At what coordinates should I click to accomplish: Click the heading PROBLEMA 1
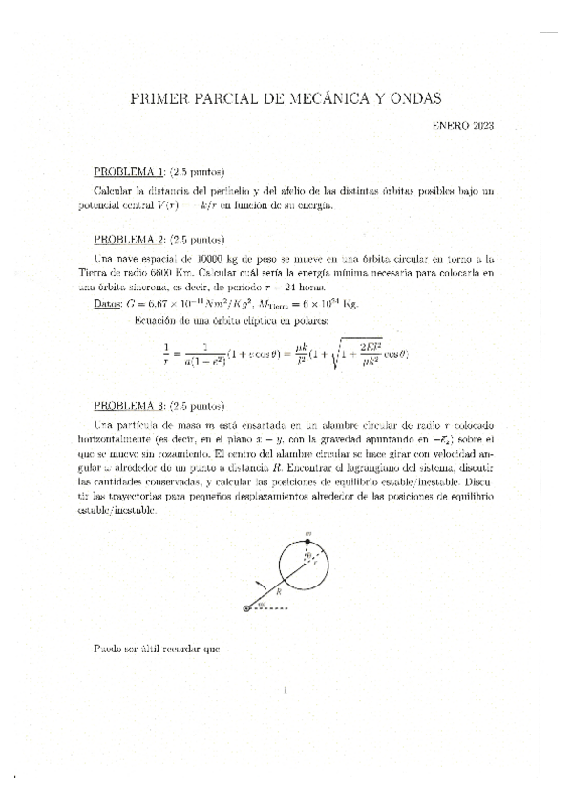point(129,172)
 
